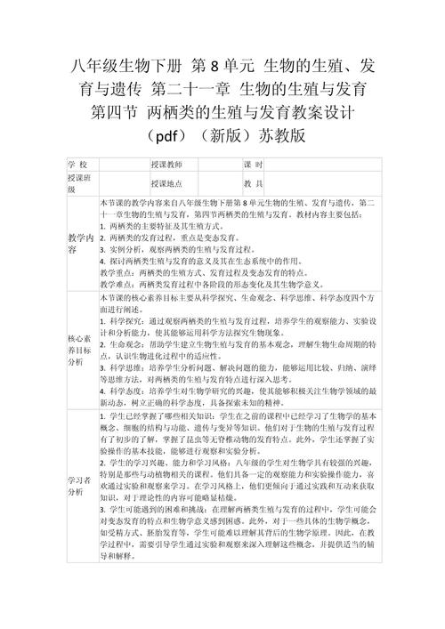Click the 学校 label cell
(77, 165)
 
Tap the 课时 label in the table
(253, 165)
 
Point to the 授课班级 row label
(78, 183)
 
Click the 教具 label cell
(253, 183)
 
